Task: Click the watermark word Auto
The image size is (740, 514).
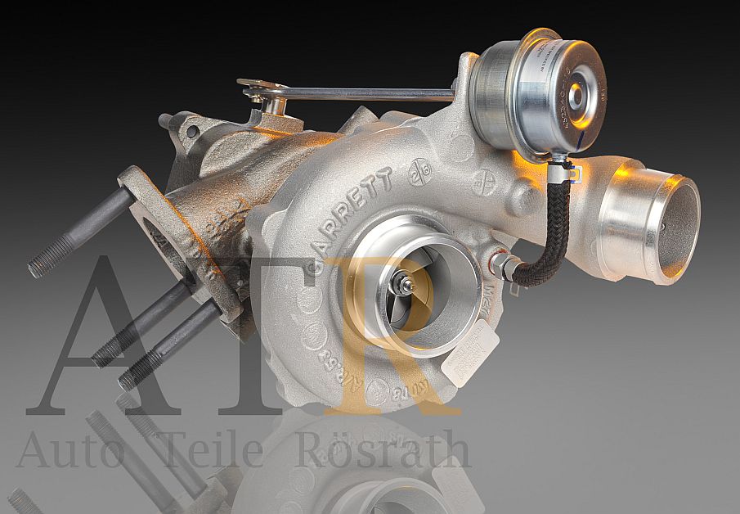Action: [69, 451]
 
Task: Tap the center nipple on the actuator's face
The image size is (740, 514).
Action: [577, 95]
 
